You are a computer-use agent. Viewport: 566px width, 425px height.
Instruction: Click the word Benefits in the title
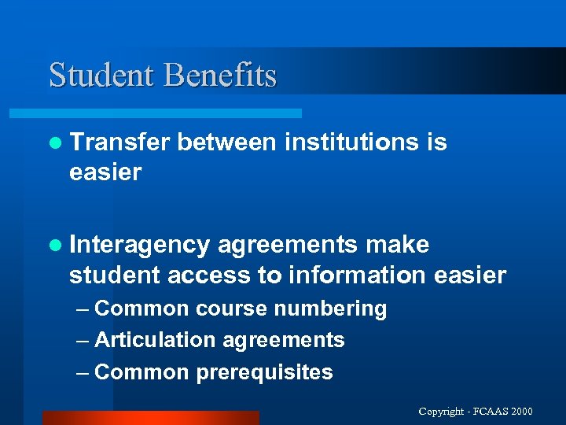click(x=220, y=76)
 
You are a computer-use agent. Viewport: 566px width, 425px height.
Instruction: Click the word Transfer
click(x=119, y=142)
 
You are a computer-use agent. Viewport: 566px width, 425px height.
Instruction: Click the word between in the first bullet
click(x=227, y=142)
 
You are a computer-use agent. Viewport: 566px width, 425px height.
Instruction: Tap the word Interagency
click(x=139, y=246)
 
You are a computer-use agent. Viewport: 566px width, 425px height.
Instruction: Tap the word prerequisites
click(x=264, y=372)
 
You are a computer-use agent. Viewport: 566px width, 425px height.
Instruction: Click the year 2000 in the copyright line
click(x=521, y=412)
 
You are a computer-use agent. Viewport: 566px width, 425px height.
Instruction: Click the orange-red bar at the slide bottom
click(x=150, y=418)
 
